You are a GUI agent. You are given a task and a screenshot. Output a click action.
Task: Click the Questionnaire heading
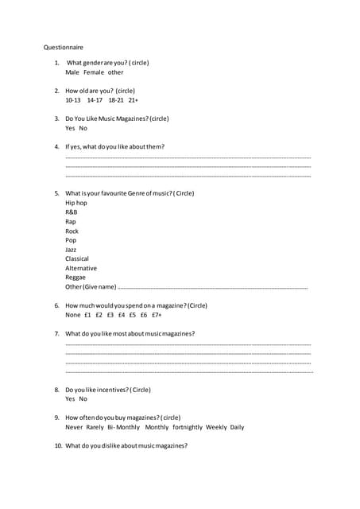[63, 47]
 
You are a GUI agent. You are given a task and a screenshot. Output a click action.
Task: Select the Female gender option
[94, 72]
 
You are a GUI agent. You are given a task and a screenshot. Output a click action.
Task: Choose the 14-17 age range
[95, 101]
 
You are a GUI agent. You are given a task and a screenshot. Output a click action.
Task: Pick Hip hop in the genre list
[76, 203]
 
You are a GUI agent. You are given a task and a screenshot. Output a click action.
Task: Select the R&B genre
[72, 212]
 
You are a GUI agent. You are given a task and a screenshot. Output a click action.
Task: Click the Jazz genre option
[71, 250]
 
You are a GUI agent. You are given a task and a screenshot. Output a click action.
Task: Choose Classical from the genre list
[77, 258]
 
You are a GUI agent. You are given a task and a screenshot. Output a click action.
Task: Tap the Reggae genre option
[75, 278]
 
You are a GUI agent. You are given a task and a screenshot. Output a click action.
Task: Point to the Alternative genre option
[80, 268]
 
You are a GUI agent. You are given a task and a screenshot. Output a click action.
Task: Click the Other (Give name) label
[91, 287]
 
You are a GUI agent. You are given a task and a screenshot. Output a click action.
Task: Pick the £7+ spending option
[156, 315]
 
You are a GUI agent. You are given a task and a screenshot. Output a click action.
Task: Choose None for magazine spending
[72, 315]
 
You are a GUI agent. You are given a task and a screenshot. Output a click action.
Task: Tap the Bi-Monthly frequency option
[123, 427]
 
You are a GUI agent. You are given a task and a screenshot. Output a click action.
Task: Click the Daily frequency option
[237, 427]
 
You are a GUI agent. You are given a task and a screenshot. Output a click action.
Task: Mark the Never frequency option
[73, 427]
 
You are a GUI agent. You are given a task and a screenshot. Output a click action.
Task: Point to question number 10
[58, 445]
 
